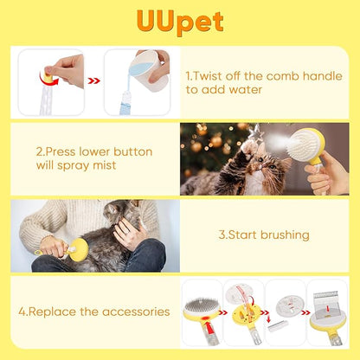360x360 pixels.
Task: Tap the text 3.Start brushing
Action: (x=263, y=234)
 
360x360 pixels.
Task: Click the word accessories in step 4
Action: (x=127, y=310)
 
